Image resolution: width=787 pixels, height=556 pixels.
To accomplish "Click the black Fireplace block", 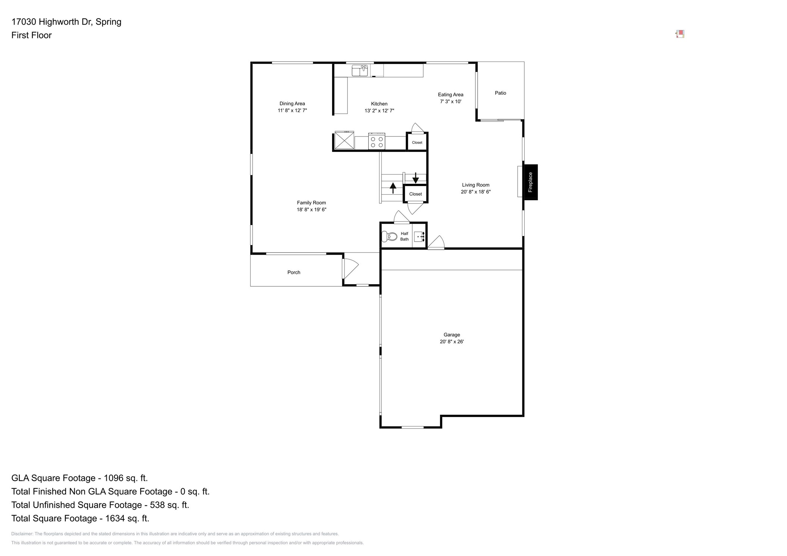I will (530, 182).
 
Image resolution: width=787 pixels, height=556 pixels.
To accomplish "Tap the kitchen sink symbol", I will (360, 70).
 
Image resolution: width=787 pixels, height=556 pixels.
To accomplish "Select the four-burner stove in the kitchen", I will (377, 142).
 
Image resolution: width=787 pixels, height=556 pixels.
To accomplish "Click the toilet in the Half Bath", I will (390, 236).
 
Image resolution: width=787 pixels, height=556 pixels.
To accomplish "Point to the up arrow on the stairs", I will (393, 187).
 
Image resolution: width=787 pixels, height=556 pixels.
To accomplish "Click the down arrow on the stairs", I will (415, 178).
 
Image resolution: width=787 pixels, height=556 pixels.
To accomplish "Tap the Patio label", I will (500, 93).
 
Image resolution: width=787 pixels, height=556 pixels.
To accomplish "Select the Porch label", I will (294, 272).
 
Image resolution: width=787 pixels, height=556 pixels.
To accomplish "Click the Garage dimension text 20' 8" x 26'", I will (452, 342).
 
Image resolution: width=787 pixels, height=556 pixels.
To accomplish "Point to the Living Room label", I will (475, 185).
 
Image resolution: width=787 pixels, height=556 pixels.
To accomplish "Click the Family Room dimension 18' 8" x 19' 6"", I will (311, 210).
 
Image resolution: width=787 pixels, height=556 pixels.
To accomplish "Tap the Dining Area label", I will (292, 104).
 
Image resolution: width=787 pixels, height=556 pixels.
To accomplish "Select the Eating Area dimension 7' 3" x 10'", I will (450, 101).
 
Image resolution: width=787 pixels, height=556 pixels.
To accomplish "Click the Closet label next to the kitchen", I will (417, 142).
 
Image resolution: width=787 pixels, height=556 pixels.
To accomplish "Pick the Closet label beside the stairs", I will (415, 194).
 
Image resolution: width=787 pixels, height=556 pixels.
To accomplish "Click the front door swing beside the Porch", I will (350, 268).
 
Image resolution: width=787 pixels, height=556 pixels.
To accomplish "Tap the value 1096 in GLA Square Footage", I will (113, 478).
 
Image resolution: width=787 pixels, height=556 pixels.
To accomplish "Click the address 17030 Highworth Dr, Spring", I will (66, 22).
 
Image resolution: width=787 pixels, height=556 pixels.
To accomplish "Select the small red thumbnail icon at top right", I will (680, 34).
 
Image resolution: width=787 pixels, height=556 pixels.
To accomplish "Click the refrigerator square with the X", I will (344, 141).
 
